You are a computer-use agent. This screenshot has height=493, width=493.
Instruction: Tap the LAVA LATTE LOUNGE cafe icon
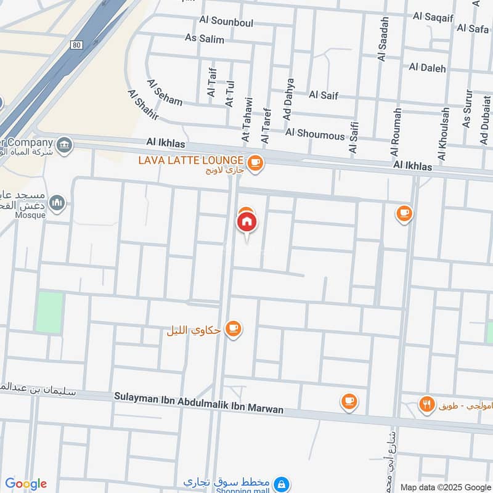coord(255,163)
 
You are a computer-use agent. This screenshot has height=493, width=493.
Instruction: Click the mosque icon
coord(57,203)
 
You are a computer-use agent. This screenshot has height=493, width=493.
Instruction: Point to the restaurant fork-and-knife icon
coord(426,405)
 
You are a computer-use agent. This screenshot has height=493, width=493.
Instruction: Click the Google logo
coord(26,484)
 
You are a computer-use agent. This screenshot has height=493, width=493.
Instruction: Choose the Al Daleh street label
coord(427,68)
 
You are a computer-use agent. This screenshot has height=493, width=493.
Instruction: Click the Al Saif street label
coord(323,95)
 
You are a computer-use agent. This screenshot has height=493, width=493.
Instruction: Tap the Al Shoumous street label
coord(314,133)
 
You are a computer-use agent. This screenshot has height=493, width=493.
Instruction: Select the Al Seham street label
coord(165,92)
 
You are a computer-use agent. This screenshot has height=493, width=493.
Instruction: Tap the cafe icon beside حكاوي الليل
coord(233,329)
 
